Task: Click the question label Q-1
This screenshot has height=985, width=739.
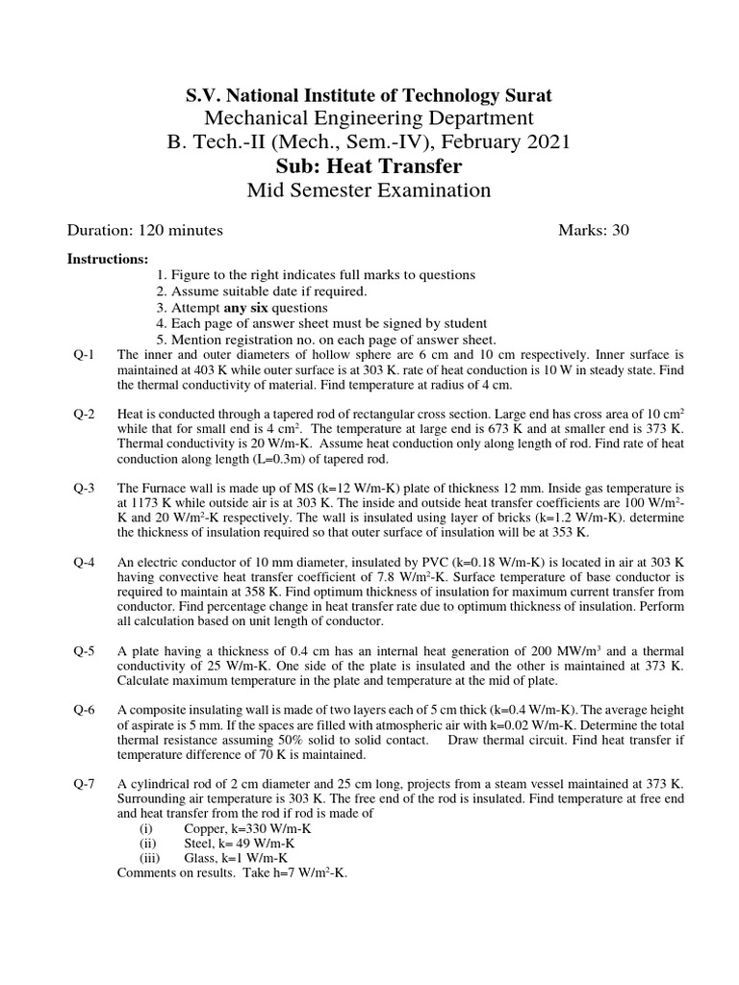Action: (x=84, y=354)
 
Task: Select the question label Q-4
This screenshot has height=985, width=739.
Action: (x=84, y=562)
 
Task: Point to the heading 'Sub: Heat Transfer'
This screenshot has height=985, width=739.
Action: (x=369, y=166)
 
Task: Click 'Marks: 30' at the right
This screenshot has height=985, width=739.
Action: (x=594, y=230)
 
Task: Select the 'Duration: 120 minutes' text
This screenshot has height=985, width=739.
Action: (x=145, y=230)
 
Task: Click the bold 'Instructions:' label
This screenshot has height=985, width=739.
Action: (x=107, y=260)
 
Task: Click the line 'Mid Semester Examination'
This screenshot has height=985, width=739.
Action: (x=369, y=190)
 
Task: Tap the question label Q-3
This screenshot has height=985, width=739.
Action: (x=84, y=488)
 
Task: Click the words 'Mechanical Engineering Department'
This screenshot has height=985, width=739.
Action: (x=369, y=118)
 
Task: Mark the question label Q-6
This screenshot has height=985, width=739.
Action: (x=84, y=710)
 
